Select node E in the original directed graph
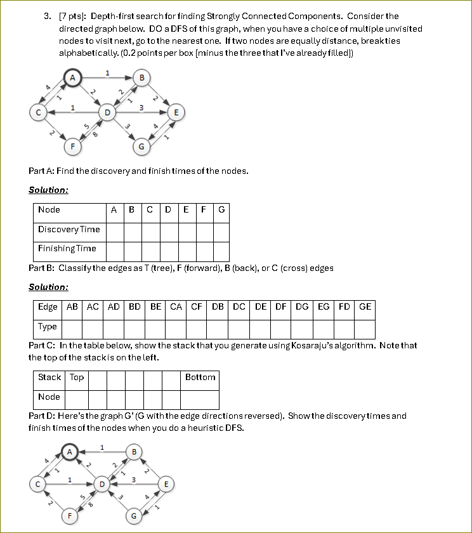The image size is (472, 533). pyautogui.click(x=176, y=112)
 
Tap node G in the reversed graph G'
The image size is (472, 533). pyautogui.click(x=134, y=516)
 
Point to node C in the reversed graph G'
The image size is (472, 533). pyautogui.click(x=37, y=484)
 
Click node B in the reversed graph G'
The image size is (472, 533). pyautogui.click(x=133, y=451)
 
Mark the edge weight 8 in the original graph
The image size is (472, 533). pyautogui.click(x=95, y=135)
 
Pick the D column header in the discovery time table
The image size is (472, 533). pyautogui.click(x=167, y=210)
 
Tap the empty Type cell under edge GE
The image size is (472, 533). pyautogui.click(x=365, y=329)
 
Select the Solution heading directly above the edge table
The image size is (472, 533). pyautogui.click(x=48, y=287)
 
